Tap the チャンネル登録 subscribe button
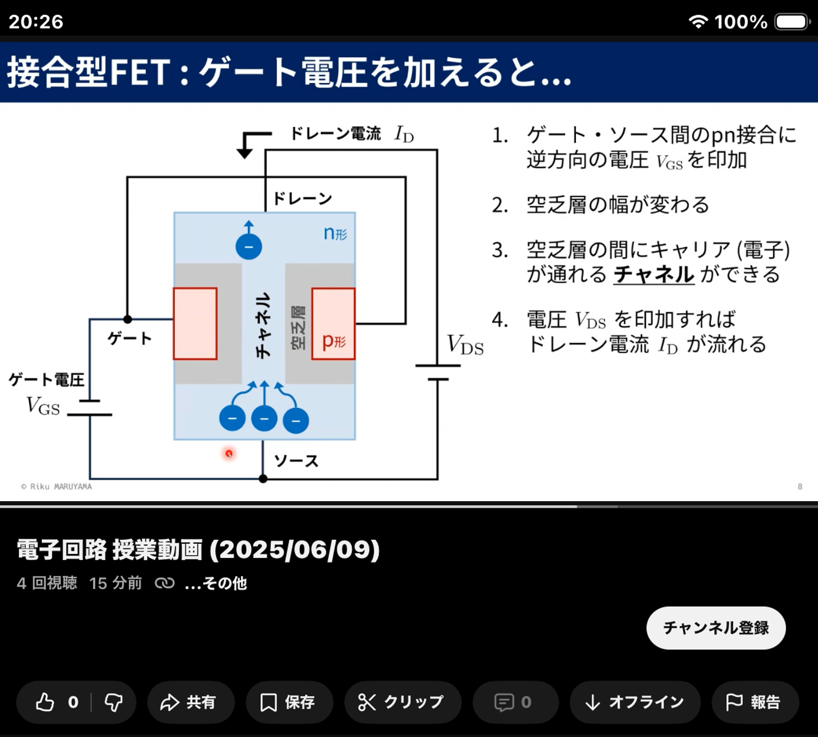click(x=716, y=628)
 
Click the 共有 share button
click(x=191, y=702)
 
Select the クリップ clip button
click(x=403, y=702)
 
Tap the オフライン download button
click(x=635, y=702)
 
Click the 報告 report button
click(x=755, y=702)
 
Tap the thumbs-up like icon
click(x=45, y=702)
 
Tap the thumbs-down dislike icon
click(x=113, y=702)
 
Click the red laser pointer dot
click(x=229, y=453)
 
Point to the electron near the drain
click(x=249, y=247)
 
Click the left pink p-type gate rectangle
click(x=195, y=324)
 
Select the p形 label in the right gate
click(x=334, y=341)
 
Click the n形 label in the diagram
click(x=336, y=233)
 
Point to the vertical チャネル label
click(x=263, y=326)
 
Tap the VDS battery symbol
click(x=438, y=372)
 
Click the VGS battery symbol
click(x=89, y=408)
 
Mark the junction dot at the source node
click(x=263, y=478)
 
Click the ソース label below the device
click(x=296, y=461)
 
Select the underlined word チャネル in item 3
click(x=654, y=274)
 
